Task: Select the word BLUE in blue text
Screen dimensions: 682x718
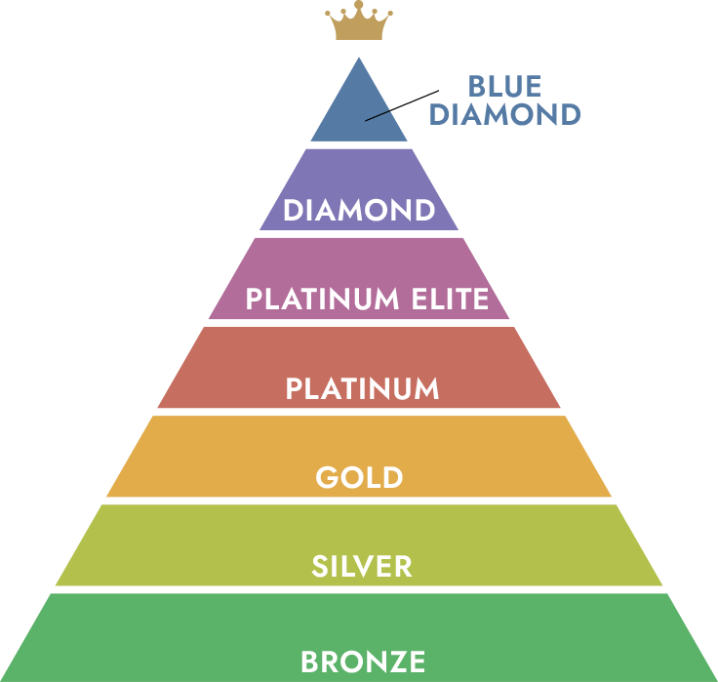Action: (504, 87)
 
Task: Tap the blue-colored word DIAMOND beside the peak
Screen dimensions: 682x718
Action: (505, 114)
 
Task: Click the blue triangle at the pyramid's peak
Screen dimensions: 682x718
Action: (358, 107)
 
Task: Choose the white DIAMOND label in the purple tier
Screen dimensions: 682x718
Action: (359, 210)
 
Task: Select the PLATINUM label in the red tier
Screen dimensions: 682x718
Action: (362, 388)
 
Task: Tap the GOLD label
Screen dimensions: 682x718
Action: (359, 478)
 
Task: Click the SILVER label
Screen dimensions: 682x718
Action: (362, 567)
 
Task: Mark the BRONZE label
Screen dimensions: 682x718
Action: (363, 662)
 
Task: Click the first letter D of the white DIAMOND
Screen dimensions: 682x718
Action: (292, 210)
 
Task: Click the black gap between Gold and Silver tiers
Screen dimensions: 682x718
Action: (361, 501)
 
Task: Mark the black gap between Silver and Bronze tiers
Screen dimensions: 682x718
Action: (361, 589)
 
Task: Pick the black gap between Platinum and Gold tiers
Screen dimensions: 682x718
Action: (361, 412)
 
